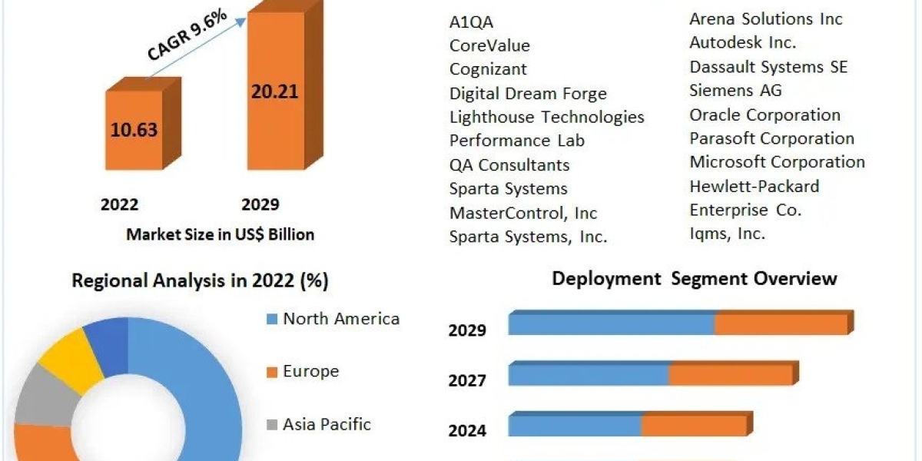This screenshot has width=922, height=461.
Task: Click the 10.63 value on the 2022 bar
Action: pyautogui.click(x=134, y=129)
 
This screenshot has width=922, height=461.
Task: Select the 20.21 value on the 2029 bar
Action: pyautogui.click(x=274, y=91)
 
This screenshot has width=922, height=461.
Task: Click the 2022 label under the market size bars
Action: pyautogui.click(x=120, y=204)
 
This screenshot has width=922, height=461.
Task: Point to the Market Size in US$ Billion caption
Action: pyautogui.click(x=220, y=234)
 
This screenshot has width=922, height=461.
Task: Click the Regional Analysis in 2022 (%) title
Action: pyautogui.click(x=200, y=281)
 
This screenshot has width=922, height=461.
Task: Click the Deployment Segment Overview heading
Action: pyautogui.click(x=694, y=278)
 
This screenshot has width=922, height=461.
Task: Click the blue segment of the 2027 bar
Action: pyautogui.click(x=588, y=375)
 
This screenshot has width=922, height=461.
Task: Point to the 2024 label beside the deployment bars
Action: pyautogui.click(x=467, y=430)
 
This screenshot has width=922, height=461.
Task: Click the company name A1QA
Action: pyautogui.click(x=471, y=22)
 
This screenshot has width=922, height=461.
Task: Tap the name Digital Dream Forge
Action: pyautogui.click(x=528, y=94)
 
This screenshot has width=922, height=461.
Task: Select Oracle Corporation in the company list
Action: pyautogui.click(x=764, y=115)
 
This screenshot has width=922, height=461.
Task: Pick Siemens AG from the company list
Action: pyautogui.click(x=735, y=91)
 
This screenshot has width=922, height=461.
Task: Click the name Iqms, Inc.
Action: pyautogui.click(x=727, y=234)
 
